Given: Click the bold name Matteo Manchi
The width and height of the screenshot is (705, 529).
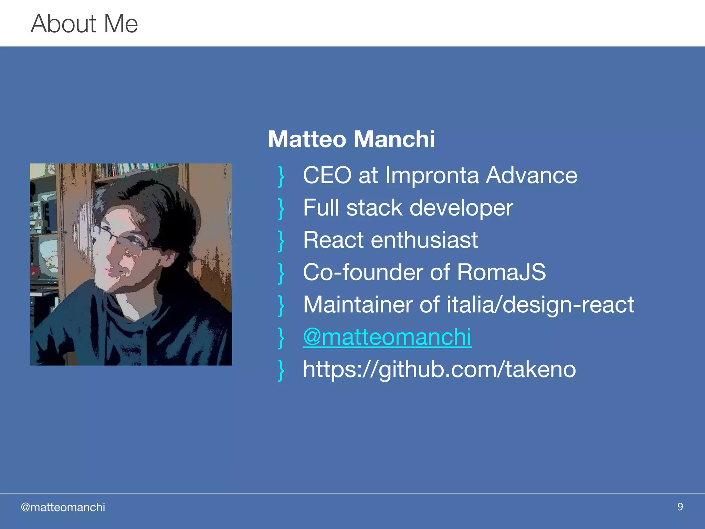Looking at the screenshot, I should tap(351, 139).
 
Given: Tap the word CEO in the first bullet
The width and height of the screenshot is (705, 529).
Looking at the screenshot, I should tap(327, 175).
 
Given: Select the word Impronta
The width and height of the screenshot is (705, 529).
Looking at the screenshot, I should tap(432, 175).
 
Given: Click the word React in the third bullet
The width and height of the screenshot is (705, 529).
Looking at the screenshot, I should tap(333, 240).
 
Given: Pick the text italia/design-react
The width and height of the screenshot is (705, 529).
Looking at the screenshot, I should tap(540, 304).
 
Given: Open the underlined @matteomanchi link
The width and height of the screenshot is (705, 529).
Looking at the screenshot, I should tap(387, 337).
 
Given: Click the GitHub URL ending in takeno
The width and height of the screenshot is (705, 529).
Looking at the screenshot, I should tap(439, 369).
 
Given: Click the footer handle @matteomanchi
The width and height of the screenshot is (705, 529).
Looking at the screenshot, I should tap(63, 507).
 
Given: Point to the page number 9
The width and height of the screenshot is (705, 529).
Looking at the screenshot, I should tap(680, 507).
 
